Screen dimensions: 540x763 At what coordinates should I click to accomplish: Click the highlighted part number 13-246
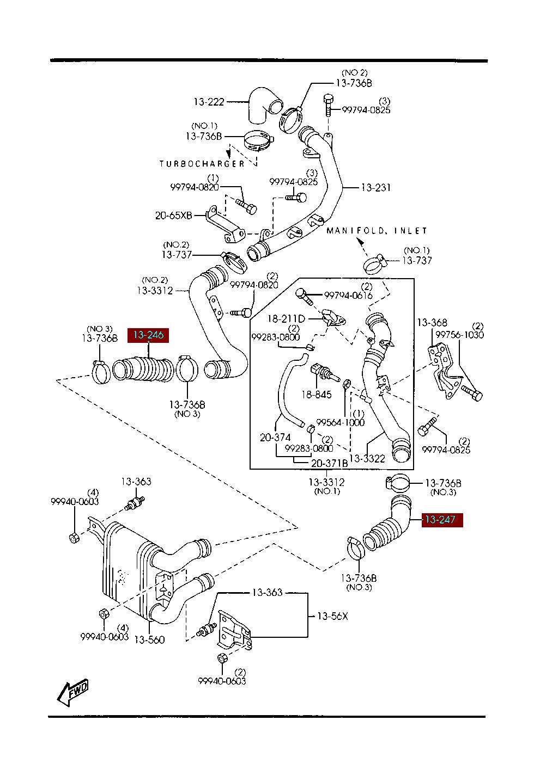tap(148, 335)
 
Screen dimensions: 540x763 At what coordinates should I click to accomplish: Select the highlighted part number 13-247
tap(442, 520)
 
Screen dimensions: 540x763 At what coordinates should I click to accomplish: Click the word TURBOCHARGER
tap(202, 164)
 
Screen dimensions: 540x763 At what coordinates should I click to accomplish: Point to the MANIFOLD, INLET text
tap(377, 231)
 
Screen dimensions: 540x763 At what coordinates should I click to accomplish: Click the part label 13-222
tap(209, 102)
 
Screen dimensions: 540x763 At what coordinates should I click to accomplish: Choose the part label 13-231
tap(376, 187)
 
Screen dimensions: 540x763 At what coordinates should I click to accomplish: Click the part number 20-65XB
tap(174, 216)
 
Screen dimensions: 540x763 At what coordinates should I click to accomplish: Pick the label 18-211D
tap(287, 318)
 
